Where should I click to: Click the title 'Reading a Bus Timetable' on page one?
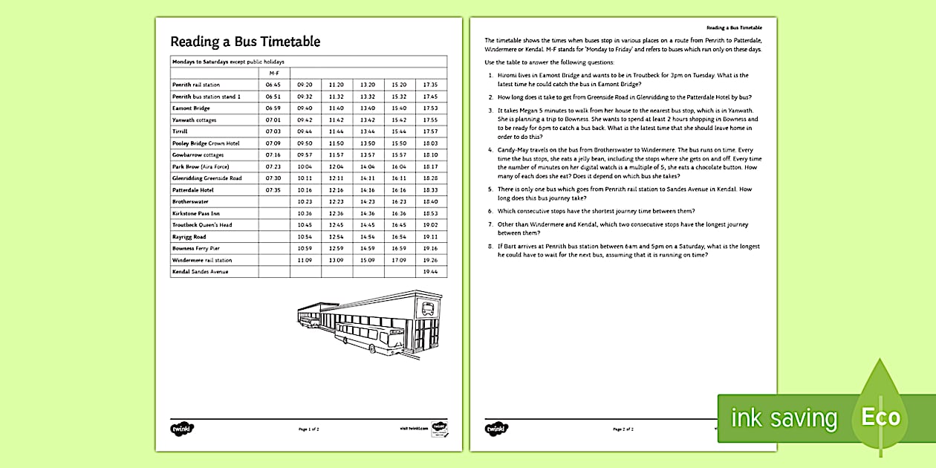(x=245, y=42)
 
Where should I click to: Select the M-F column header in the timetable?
(x=273, y=73)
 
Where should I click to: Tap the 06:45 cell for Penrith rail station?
(x=273, y=85)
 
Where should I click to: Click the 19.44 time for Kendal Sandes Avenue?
(x=430, y=272)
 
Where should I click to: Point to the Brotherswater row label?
(x=190, y=201)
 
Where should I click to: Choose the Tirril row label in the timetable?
(x=180, y=131)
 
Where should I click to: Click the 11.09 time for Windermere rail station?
(x=305, y=260)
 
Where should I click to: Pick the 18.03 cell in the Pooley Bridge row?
(x=430, y=143)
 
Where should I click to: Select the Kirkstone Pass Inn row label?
(x=195, y=213)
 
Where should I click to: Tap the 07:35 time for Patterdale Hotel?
(x=273, y=190)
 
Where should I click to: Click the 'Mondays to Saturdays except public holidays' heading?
(x=228, y=61)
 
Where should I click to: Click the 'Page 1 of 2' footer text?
(x=308, y=429)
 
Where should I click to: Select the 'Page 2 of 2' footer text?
(x=623, y=429)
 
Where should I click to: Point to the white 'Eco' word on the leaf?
(x=880, y=417)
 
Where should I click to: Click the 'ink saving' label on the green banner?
(x=784, y=418)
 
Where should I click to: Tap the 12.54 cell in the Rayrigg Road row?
(x=336, y=237)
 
